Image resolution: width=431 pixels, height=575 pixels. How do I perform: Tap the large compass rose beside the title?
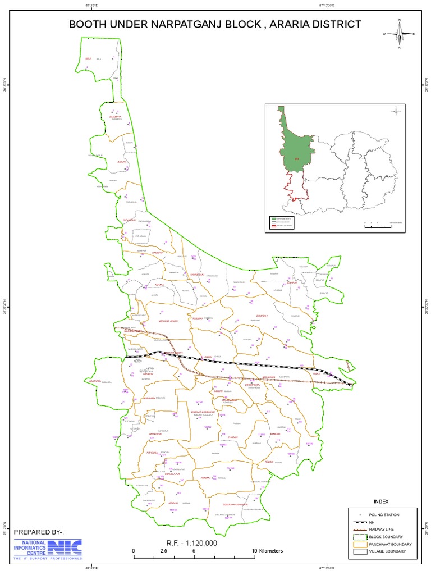click(x=399, y=34)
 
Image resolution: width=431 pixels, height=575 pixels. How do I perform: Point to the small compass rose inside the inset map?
click(x=396, y=111)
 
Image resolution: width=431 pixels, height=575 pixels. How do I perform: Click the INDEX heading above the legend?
click(x=380, y=501)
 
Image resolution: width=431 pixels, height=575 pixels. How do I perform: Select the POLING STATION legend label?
click(x=385, y=514)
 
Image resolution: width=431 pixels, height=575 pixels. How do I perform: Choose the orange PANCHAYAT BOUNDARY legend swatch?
click(x=360, y=544)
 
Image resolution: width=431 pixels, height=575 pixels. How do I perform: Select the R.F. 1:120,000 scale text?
click(x=192, y=542)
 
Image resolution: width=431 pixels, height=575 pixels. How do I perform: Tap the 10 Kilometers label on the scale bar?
click(x=267, y=551)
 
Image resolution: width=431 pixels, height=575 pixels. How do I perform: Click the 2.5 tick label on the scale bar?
click(x=163, y=551)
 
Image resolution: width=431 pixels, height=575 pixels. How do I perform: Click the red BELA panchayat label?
click(x=88, y=58)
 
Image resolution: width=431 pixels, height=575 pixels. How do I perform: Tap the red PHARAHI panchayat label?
click(x=234, y=437)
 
